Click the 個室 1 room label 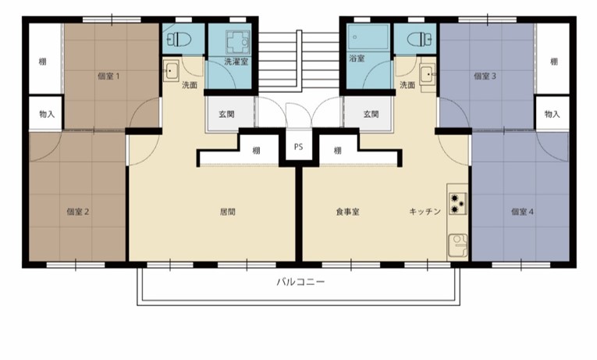pyautogui.click(x=108, y=77)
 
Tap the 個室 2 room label pyautogui.click(x=78, y=212)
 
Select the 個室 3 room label pyautogui.click(x=485, y=77)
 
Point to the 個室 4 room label pyautogui.click(x=522, y=212)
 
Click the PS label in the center pyautogui.click(x=298, y=147)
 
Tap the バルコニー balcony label pyautogui.click(x=300, y=282)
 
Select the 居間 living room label pyautogui.click(x=227, y=212)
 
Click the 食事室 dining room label pyautogui.click(x=347, y=212)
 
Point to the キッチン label pyautogui.click(x=425, y=212)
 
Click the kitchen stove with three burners pyautogui.click(x=457, y=204)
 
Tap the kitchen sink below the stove pyautogui.click(x=457, y=245)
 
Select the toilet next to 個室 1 pyautogui.click(x=179, y=39)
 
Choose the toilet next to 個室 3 pyautogui.click(x=420, y=39)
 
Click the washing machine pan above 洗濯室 pyautogui.click(x=238, y=42)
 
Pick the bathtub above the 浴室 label pyautogui.click(x=368, y=37)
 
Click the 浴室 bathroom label pyautogui.click(x=357, y=59)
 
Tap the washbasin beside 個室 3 pyautogui.click(x=428, y=74)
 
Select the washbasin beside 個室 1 pyautogui.click(x=171, y=70)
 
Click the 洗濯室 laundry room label pyautogui.click(x=236, y=62)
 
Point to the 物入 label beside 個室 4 pyautogui.click(x=552, y=114)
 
